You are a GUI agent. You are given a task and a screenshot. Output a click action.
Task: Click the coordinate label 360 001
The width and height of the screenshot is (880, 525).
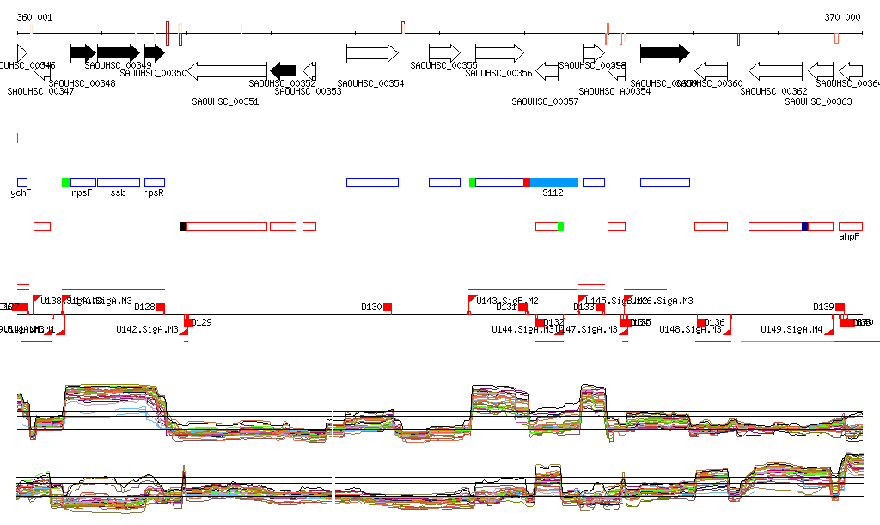tap(34, 17)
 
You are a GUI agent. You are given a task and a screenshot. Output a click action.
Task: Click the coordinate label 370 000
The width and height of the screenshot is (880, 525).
tap(842, 17)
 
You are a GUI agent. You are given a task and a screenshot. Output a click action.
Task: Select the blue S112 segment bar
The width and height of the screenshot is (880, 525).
tap(554, 182)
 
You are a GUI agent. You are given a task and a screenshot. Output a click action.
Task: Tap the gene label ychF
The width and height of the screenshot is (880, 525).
tap(21, 193)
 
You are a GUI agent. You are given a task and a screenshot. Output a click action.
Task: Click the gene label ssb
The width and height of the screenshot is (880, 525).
tap(118, 193)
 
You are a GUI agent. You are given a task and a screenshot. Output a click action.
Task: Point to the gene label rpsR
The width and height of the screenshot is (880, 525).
tap(153, 193)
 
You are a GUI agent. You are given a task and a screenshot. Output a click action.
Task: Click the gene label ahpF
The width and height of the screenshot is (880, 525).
tap(849, 236)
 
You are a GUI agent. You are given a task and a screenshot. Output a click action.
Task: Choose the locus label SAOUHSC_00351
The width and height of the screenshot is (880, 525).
tap(225, 101)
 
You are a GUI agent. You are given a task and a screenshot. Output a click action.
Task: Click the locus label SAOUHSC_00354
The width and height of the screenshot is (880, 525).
tap(370, 83)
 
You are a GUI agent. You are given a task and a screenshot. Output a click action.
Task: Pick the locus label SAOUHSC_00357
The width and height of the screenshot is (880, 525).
tap(545, 101)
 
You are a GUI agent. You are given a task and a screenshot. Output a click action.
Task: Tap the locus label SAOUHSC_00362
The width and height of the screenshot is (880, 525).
tap(773, 91)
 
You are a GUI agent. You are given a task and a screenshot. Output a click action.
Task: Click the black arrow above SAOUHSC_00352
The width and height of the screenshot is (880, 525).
tap(283, 70)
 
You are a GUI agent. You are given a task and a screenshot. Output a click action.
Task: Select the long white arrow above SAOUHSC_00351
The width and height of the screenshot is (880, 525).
tap(227, 70)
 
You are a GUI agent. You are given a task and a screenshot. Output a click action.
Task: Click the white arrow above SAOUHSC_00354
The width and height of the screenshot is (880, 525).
tap(372, 53)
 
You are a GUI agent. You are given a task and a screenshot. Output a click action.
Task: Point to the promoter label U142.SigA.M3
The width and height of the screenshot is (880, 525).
tap(147, 329)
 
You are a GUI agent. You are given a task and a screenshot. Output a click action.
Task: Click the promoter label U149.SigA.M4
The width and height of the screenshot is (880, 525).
tap(791, 329)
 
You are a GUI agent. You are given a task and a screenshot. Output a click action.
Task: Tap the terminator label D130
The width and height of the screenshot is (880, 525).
tap(371, 307)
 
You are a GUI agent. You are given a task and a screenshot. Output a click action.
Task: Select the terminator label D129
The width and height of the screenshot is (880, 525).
tap(201, 322)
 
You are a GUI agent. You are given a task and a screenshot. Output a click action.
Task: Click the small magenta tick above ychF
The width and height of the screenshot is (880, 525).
tap(17, 137)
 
